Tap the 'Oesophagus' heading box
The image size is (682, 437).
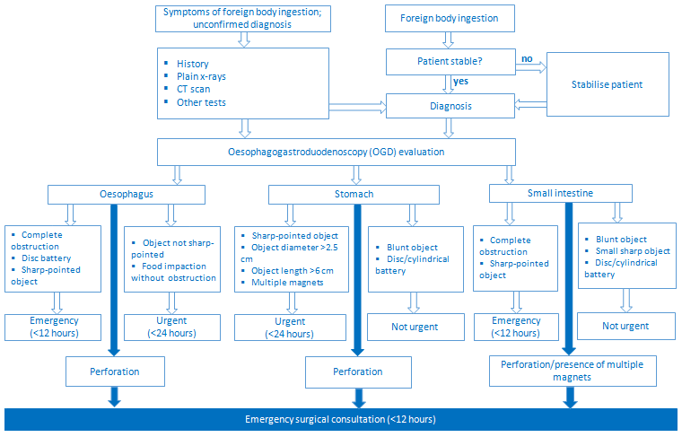point(127,194)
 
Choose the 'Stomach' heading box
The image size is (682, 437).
point(354,194)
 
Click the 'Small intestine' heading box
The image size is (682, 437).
point(560,193)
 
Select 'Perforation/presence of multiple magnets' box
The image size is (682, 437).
point(573,370)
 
